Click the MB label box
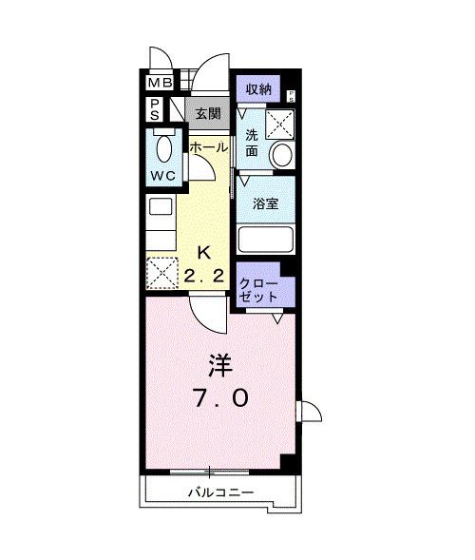click(x=158, y=83)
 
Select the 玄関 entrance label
click(x=208, y=113)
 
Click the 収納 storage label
click(x=259, y=89)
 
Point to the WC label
click(x=161, y=177)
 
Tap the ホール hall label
click(x=207, y=148)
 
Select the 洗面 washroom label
click(x=252, y=142)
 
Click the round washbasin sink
click(x=280, y=154)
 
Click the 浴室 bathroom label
click(x=264, y=203)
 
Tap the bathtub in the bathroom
click(x=265, y=239)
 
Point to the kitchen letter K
click(x=204, y=253)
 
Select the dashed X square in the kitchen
click(x=161, y=273)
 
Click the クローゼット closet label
click(x=258, y=290)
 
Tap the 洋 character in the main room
click(x=220, y=366)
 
